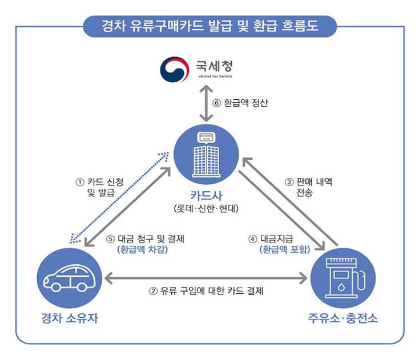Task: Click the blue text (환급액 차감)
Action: click(x=142, y=249)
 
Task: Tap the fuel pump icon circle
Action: click(x=343, y=278)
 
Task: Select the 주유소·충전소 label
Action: click(x=343, y=318)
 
